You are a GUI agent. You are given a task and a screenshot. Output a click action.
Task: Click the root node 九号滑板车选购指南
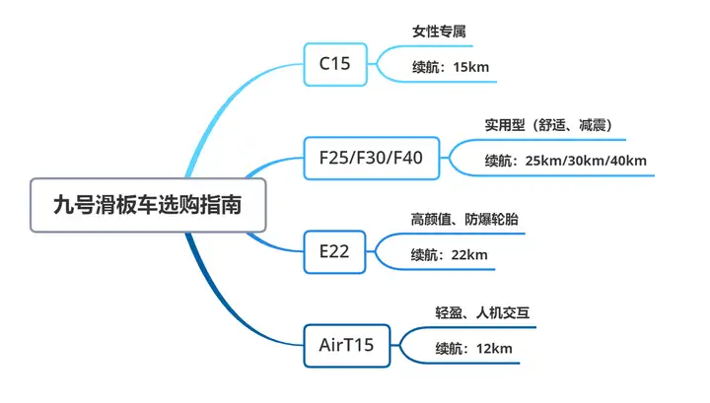(148, 204)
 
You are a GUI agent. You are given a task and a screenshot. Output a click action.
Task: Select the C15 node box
(334, 64)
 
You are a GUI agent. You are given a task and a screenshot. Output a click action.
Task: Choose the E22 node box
(334, 251)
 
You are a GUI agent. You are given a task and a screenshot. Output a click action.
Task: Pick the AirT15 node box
(347, 345)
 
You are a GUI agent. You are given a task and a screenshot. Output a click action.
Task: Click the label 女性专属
(439, 32)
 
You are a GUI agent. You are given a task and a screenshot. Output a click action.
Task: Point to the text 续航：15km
(450, 67)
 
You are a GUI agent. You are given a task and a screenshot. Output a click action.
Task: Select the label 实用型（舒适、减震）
(548, 125)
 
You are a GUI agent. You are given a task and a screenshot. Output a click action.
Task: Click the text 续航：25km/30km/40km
(565, 161)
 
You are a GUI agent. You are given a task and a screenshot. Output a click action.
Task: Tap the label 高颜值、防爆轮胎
(463, 219)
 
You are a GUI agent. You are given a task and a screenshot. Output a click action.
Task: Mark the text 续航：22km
(450, 254)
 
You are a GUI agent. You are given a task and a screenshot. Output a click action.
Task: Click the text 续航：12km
(473, 348)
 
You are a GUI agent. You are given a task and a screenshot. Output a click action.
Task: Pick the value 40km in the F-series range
(628, 161)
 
